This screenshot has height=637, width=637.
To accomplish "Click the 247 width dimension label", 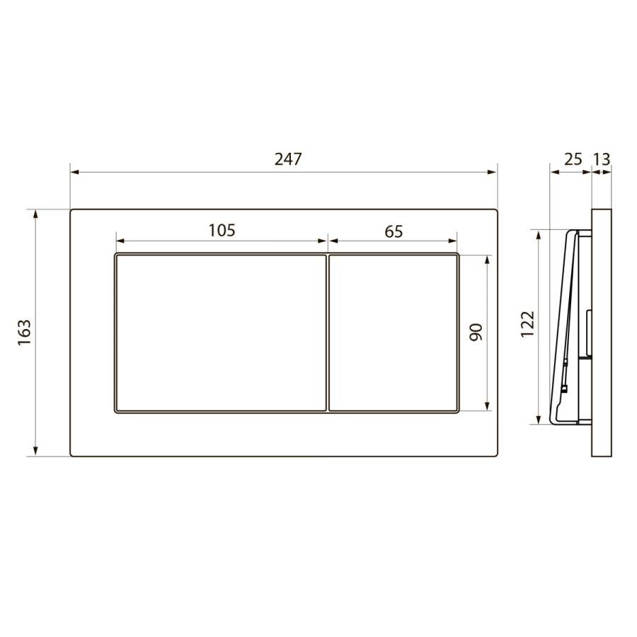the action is tap(288, 159).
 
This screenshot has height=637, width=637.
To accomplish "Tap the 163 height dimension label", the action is tap(25, 333).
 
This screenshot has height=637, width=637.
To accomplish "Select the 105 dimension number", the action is tap(222, 230).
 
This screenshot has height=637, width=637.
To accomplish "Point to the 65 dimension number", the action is tap(394, 231).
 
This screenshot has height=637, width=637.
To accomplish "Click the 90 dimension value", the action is tap(476, 332).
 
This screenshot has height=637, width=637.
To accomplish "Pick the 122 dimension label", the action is tap(528, 324).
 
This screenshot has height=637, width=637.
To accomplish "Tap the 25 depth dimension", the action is tap(573, 159).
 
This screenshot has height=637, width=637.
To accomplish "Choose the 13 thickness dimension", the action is tap(602, 159).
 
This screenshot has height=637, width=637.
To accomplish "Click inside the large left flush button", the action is tap(221, 333).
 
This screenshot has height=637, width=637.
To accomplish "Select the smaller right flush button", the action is tap(394, 333).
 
